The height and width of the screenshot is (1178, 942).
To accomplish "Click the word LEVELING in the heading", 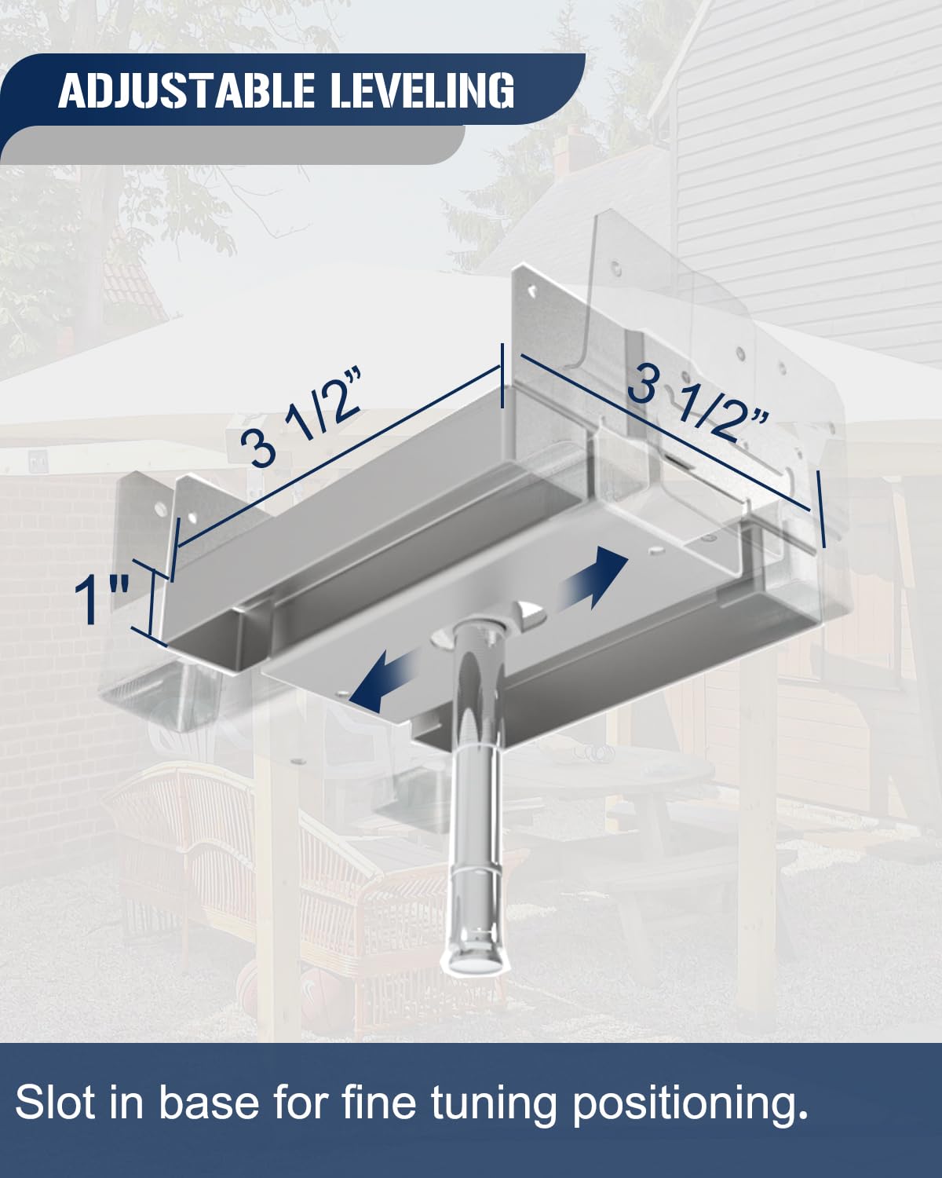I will point(422,91).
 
